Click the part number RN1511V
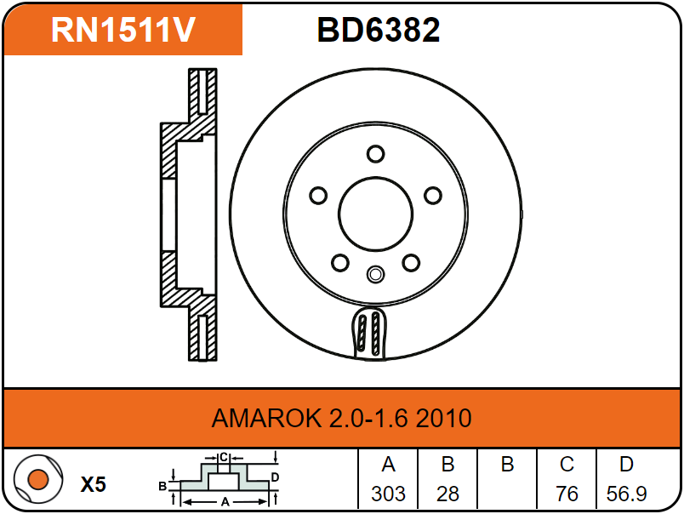click(123, 30)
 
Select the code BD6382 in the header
click(379, 30)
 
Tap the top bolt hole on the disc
click(375, 153)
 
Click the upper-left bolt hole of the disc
click(318, 196)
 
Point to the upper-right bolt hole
click(433, 196)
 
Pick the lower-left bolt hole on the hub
click(340, 263)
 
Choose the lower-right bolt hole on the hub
click(411, 263)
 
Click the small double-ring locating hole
click(375, 275)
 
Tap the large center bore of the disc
click(375, 214)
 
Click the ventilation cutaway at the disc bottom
click(368, 334)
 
